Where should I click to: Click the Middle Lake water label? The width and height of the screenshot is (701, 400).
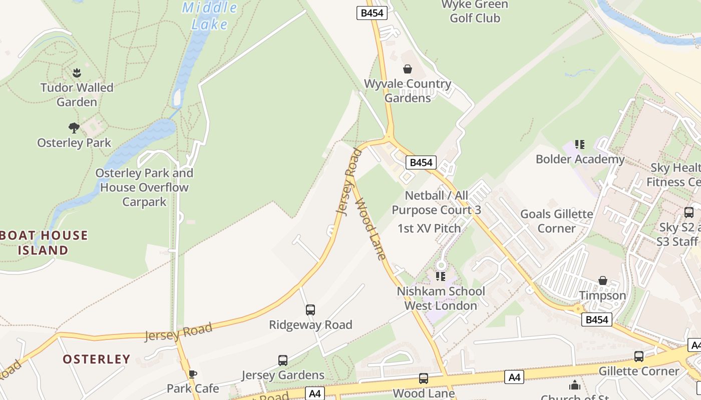tap(209, 15)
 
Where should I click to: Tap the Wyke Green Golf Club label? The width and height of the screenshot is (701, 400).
tap(475, 11)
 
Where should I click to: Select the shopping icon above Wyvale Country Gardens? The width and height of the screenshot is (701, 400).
tap(408, 69)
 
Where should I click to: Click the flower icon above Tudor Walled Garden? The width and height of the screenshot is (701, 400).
tap(77, 73)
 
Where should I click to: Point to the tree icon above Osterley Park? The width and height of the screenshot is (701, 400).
tap(74, 128)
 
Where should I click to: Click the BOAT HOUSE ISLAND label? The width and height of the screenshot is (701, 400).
tap(44, 242)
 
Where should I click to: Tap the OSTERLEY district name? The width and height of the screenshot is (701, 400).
tap(96, 359)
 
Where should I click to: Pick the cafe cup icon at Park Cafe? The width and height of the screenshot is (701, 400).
tap(192, 374)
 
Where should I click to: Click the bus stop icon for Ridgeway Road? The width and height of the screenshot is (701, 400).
tap(310, 310)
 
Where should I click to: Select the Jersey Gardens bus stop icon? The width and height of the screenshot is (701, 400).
tap(283, 360)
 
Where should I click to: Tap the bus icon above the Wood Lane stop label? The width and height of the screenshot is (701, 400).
tap(424, 378)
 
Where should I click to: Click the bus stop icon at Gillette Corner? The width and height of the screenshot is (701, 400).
tap(639, 356)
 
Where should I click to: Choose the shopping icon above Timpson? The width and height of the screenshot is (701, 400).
tap(603, 280)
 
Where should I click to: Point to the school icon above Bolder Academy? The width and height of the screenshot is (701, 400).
tap(580, 144)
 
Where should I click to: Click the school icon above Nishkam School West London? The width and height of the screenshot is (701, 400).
tap(441, 276)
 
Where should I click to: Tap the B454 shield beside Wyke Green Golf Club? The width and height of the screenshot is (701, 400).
tap(372, 13)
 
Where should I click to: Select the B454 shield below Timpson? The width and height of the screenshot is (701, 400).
tap(597, 319)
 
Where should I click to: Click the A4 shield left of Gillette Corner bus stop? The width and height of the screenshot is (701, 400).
tap(514, 377)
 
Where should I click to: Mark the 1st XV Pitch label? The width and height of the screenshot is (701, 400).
tap(429, 228)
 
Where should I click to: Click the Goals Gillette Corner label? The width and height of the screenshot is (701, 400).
tap(557, 221)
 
